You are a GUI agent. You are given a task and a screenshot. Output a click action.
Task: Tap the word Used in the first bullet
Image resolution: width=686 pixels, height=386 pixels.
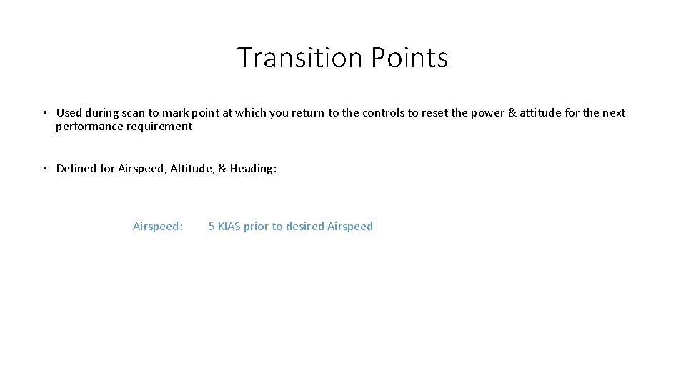click(x=69, y=112)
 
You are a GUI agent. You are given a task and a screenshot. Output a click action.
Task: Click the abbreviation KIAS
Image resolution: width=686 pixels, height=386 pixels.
click(x=229, y=227)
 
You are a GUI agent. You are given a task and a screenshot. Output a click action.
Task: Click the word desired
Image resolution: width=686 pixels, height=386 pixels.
click(x=304, y=227)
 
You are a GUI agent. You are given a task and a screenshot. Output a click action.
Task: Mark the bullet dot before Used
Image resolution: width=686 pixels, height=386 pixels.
click(x=44, y=112)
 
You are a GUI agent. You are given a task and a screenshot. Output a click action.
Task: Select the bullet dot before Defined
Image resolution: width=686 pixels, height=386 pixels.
click(x=44, y=169)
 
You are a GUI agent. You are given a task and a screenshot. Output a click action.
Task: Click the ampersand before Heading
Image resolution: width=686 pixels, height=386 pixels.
click(x=222, y=169)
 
